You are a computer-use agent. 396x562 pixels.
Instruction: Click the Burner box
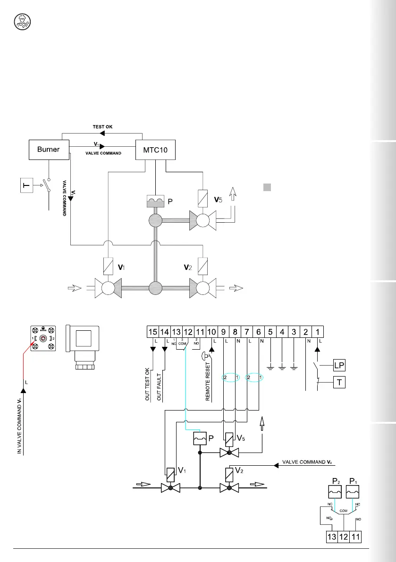click(x=49, y=150)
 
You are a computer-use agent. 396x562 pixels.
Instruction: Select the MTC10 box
click(x=155, y=150)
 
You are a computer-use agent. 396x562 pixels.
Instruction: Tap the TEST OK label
click(x=102, y=127)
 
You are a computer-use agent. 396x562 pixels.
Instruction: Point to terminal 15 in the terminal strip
click(x=152, y=332)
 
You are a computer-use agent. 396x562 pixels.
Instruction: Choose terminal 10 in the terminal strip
click(x=212, y=332)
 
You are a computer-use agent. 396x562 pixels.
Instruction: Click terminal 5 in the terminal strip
click(x=270, y=332)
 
